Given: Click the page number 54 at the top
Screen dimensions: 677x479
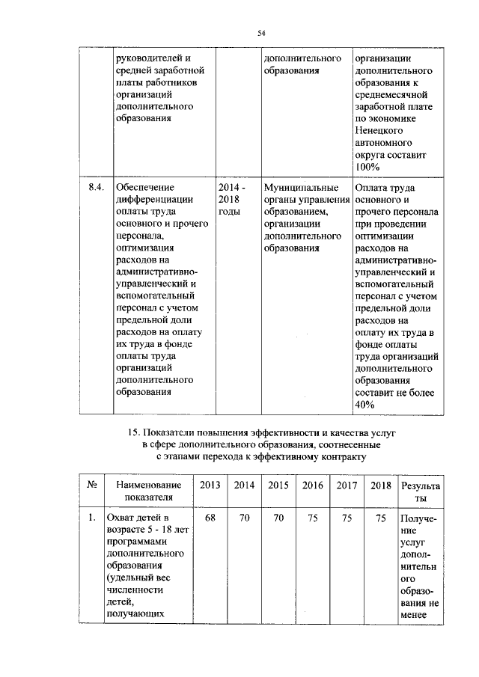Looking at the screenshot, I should [262, 32].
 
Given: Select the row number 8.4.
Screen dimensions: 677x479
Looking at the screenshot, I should [96, 187].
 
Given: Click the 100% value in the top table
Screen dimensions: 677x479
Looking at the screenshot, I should [367, 166].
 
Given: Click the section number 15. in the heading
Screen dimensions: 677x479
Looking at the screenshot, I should [135, 433].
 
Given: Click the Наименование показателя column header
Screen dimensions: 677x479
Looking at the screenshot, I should [148, 491].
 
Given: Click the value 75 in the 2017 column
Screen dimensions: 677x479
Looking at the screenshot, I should [347, 517].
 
